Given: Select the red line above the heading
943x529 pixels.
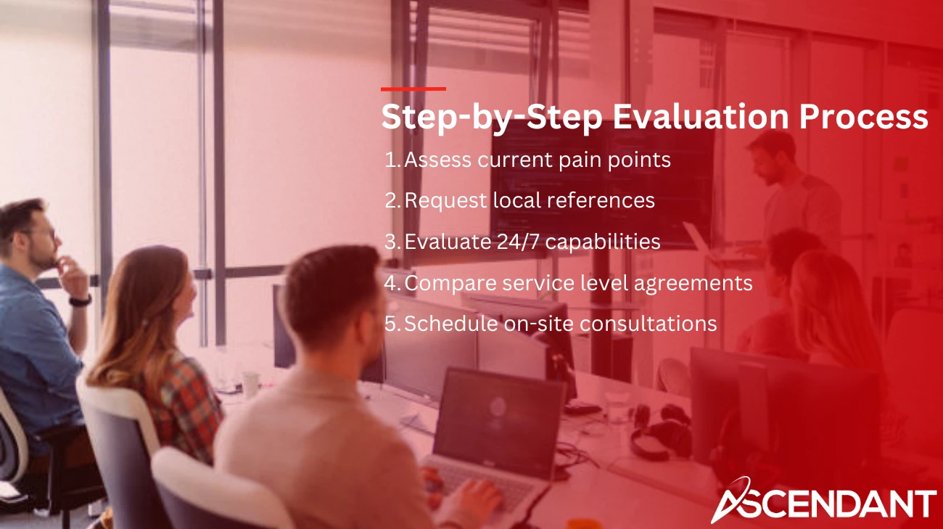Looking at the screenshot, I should click(413, 89).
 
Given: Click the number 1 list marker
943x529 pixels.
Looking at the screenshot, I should click(392, 160).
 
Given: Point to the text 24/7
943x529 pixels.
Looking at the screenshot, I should click(507, 242).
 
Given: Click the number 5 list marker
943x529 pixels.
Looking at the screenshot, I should click(392, 324).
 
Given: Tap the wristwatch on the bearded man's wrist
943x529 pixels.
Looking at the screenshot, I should click(81, 299).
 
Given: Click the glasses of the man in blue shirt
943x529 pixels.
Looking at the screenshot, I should click(44, 234).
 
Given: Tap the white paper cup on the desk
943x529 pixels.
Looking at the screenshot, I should click(250, 385).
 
